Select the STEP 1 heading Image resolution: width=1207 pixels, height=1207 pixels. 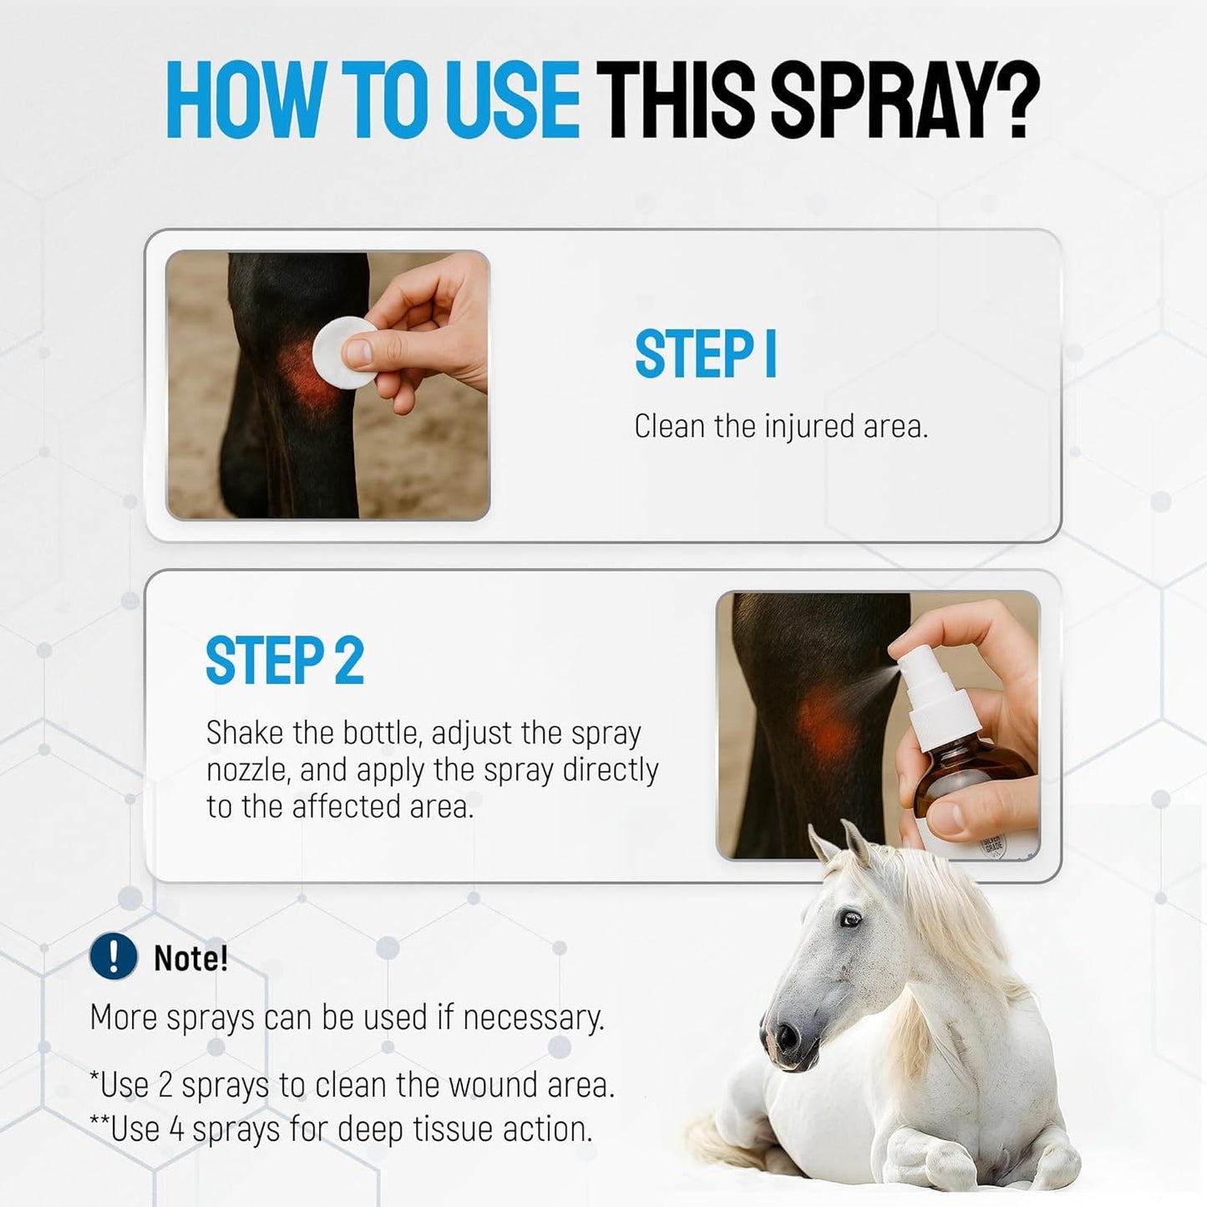pyautogui.click(x=706, y=354)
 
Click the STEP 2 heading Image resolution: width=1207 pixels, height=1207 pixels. pyautogui.click(x=285, y=661)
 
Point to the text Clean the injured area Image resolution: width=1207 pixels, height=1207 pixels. pyautogui.click(x=781, y=426)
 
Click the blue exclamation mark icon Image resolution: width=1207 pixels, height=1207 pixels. pyautogui.click(x=113, y=956)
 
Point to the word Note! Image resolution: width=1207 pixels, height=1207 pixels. pyautogui.click(x=190, y=958)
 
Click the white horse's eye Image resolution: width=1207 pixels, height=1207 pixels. pyautogui.click(x=850, y=919)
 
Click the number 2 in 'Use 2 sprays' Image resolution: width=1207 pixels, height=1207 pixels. pyautogui.click(x=165, y=1085)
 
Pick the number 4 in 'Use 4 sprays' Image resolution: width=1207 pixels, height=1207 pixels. pyautogui.click(x=176, y=1129)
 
